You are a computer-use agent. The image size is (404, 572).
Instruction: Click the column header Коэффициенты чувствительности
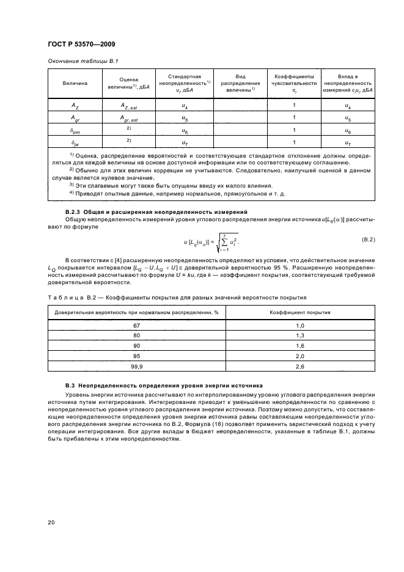coord(294,82)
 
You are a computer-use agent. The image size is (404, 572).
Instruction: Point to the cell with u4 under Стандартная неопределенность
coord(185,106)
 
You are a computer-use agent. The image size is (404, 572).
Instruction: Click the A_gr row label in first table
coord(75,118)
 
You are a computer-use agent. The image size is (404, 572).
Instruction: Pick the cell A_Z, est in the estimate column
coord(129,106)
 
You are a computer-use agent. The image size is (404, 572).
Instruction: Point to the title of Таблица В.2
coord(178,297)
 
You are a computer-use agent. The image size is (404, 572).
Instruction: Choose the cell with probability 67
coord(137,326)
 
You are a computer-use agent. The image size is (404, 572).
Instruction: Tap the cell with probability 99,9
coord(137,366)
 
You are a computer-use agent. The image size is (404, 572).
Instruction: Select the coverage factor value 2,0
coord(300,356)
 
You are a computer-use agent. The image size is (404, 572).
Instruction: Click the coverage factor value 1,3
coord(300,335)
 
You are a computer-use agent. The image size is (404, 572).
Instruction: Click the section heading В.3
coord(164,386)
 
